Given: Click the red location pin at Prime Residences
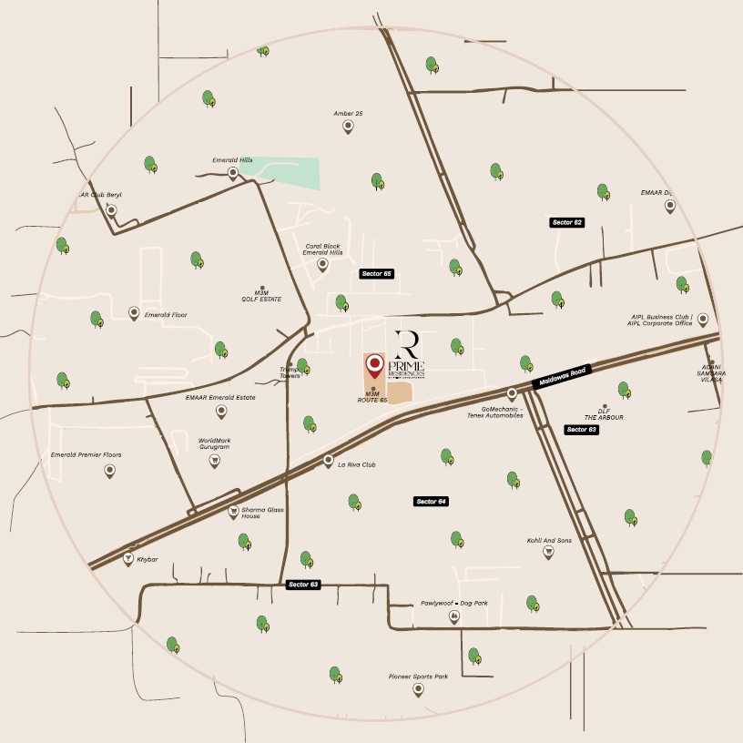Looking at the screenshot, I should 373,366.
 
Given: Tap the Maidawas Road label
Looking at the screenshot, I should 563,376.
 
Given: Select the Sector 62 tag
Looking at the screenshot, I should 566,222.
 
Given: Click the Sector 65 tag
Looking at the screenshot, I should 376,273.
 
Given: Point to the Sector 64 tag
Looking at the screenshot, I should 432,502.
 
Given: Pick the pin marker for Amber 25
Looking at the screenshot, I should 348,127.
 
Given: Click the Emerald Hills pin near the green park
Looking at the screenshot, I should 233,173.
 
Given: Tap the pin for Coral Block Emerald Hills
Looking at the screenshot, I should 322,265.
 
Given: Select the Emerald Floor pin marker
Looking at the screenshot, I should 134,313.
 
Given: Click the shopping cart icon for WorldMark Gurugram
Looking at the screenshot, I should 215,461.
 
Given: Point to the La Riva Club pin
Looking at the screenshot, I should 329,462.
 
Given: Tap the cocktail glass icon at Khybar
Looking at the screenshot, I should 128,557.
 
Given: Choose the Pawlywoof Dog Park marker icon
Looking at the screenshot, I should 453,617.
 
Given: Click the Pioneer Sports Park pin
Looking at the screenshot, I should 418,689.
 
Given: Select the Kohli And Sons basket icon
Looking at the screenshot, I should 548,552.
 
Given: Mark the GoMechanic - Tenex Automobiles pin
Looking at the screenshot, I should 512,394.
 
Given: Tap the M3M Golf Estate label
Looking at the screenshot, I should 261,295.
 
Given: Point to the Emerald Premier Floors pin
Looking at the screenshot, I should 109,470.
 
